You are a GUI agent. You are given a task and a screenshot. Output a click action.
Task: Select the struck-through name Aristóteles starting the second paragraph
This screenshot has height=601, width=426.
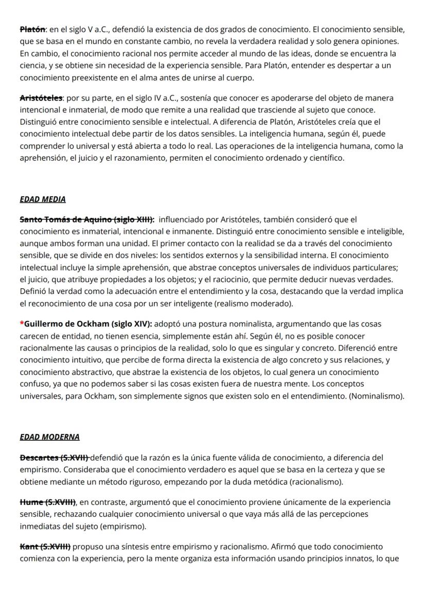41,98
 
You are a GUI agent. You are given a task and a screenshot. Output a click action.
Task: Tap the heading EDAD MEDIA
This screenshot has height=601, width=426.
43,199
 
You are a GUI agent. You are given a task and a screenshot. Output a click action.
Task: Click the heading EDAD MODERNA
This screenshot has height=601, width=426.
49,437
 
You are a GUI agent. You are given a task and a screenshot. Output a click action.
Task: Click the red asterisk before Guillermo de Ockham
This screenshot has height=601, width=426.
22,324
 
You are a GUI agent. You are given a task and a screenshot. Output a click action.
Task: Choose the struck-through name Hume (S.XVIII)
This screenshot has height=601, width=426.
48,502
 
